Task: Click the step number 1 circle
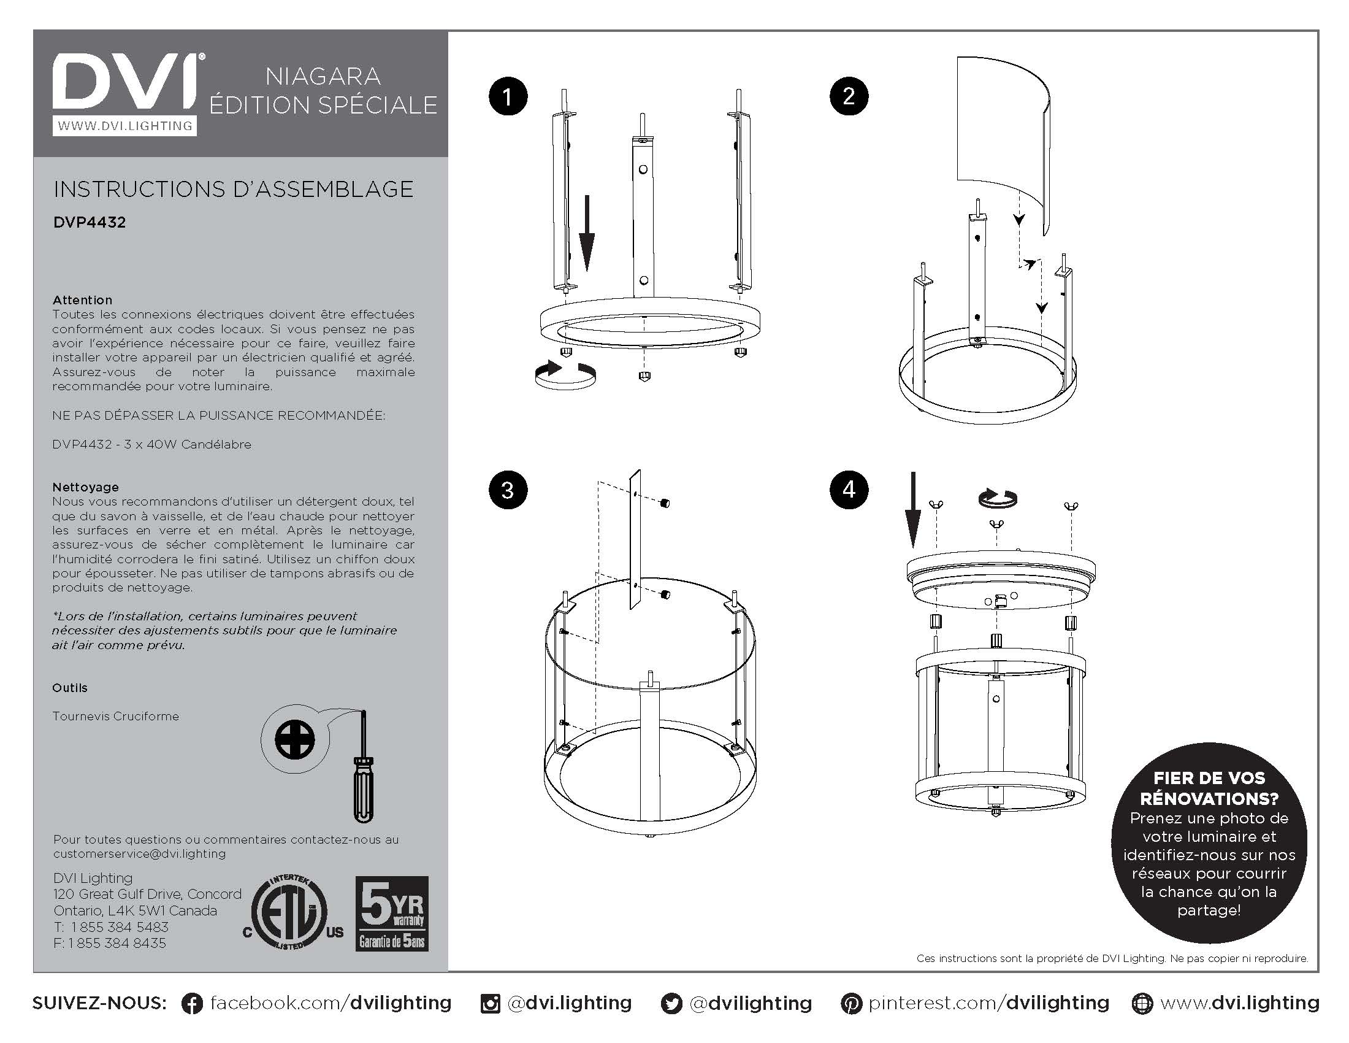tap(508, 96)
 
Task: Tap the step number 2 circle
tap(849, 96)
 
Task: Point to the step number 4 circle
tap(849, 490)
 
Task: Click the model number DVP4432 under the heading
tap(90, 223)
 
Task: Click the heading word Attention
tap(82, 299)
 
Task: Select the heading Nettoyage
tap(85, 487)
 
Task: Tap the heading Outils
tap(70, 688)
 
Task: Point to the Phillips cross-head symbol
tap(294, 740)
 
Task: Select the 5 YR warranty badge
tap(392, 914)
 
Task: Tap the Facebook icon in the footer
tap(192, 1004)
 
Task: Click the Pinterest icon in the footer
tap(851, 1004)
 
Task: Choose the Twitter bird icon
tap(671, 1004)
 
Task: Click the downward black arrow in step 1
tap(587, 233)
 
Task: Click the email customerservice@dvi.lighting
tap(140, 854)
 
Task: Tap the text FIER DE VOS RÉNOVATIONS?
tap(1209, 788)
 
